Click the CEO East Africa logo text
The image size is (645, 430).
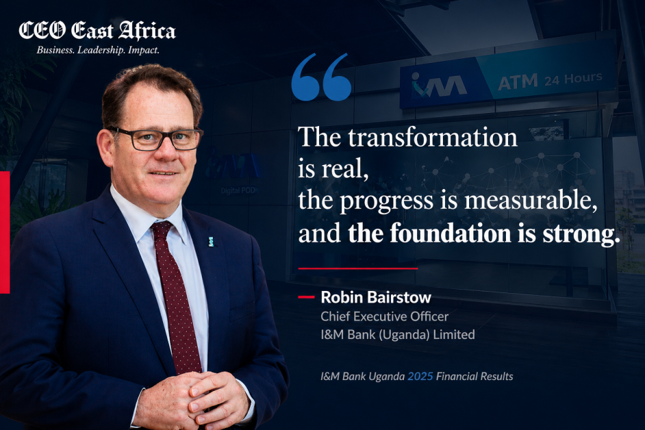(x=97, y=31)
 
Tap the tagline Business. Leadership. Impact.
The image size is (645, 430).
(x=98, y=50)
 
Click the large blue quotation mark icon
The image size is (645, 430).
(x=321, y=77)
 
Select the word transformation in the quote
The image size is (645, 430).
(x=432, y=137)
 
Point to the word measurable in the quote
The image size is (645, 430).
(x=531, y=201)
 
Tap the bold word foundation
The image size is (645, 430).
(x=450, y=233)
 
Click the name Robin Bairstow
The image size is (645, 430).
(x=376, y=297)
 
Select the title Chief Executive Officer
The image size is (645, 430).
(x=384, y=316)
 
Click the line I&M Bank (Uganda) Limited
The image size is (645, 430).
(x=398, y=335)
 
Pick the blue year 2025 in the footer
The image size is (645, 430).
(x=420, y=376)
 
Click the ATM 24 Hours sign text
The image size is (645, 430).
(x=550, y=80)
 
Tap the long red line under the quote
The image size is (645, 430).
(x=358, y=268)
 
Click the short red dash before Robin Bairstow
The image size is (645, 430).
(x=306, y=296)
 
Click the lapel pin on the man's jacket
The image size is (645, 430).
(x=211, y=242)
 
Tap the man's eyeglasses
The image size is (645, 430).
(x=156, y=139)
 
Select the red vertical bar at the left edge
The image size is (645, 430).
(x=5, y=233)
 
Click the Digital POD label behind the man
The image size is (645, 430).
(x=238, y=190)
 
